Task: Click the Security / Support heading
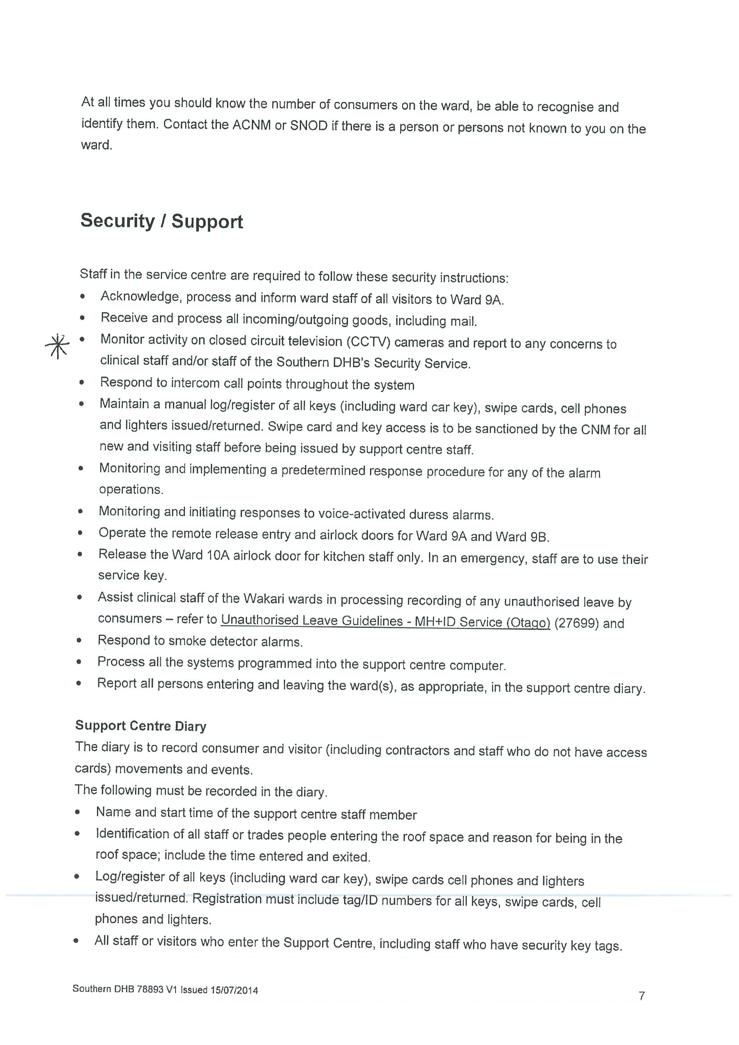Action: click(x=161, y=221)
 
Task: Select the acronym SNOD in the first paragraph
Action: click(x=309, y=126)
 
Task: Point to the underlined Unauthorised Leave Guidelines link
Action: click(x=385, y=621)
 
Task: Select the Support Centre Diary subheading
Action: click(x=141, y=726)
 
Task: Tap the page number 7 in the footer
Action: click(x=642, y=996)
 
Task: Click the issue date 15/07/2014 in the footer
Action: click(x=234, y=990)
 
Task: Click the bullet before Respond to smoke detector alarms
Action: click(x=79, y=641)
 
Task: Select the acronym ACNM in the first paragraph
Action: click(x=252, y=125)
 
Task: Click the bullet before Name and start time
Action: click(x=78, y=812)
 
